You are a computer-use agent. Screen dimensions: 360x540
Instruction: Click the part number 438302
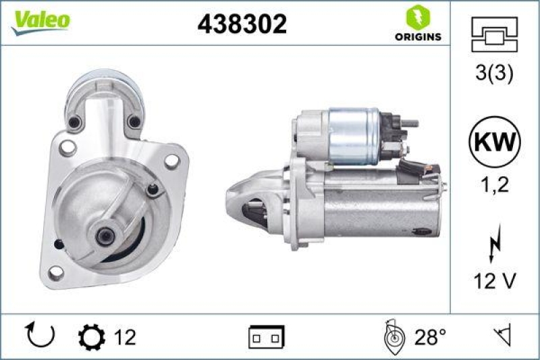242,24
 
